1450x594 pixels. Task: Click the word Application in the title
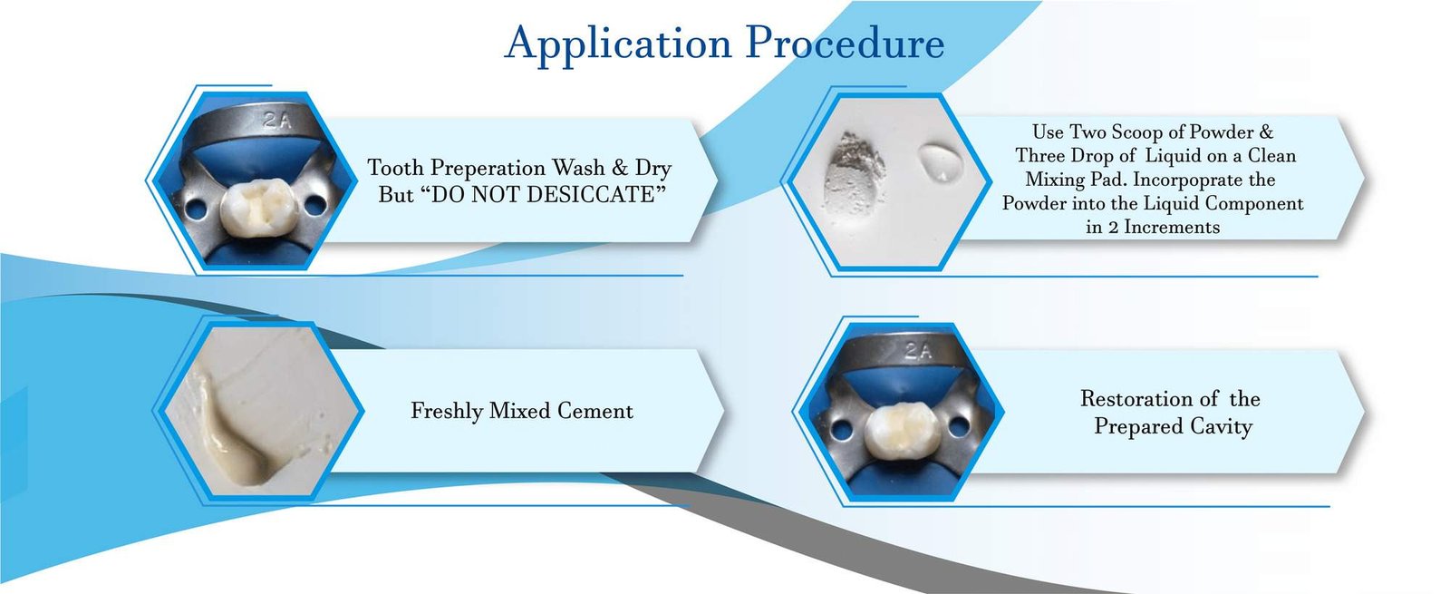(x=618, y=44)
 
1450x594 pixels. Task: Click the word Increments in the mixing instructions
(x=1171, y=228)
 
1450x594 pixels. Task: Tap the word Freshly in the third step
(x=446, y=411)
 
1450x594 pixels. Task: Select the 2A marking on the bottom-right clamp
(x=916, y=350)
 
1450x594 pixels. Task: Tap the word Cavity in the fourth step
(x=1221, y=426)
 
